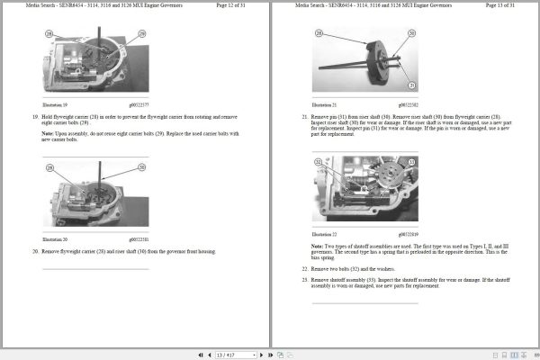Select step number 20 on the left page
click(35, 251)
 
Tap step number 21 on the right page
click(304, 117)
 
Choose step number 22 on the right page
click(304, 269)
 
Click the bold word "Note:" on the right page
click(317, 246)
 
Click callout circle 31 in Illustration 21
click(411, 85)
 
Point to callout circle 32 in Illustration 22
click(318, 162)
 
